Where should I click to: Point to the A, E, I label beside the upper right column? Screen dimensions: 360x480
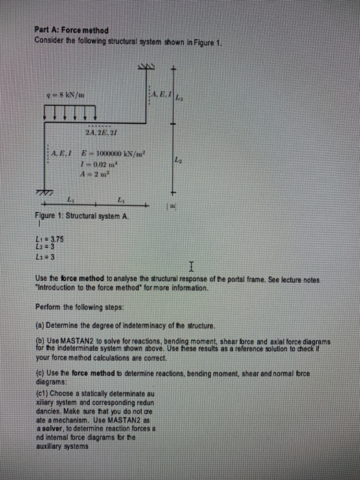pos(160,96)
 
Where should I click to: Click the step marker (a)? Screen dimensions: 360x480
pos(38,324)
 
